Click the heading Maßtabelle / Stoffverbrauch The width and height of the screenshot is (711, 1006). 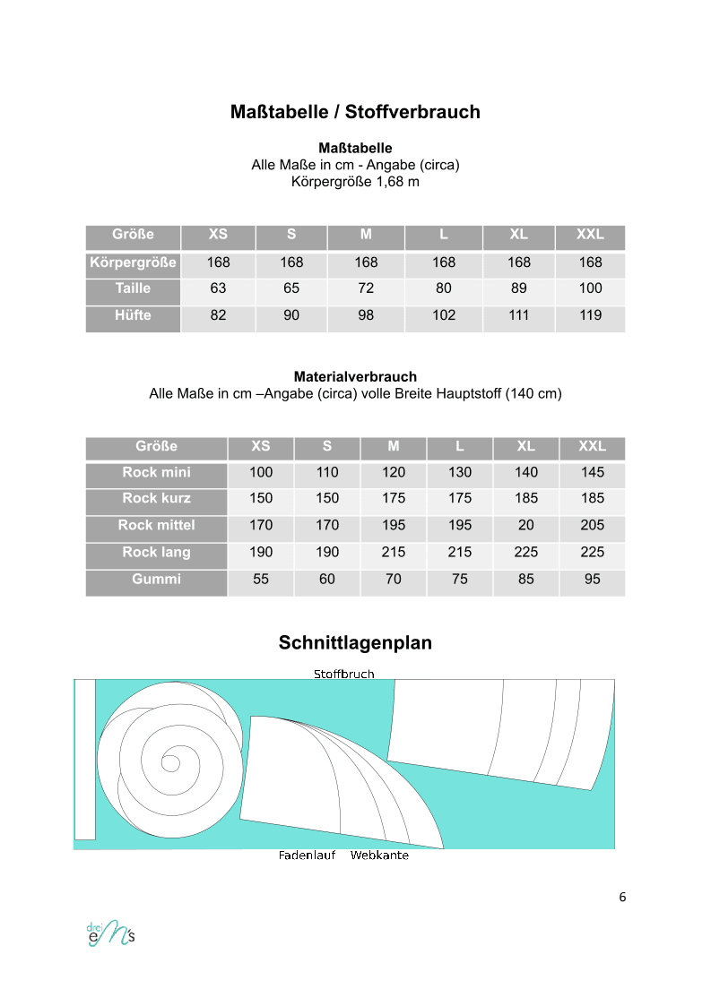(355, 112)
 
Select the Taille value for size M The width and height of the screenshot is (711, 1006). (366, 288)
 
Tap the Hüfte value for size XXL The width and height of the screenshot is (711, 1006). (590, 315)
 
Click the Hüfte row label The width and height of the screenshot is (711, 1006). (133, 315)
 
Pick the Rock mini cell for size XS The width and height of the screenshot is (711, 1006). (261, 472)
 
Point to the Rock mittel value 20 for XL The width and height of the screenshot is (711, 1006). (525, 525)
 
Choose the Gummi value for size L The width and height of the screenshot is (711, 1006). (460, 579)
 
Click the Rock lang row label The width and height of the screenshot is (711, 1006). (156, 552)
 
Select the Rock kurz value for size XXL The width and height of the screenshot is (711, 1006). (592, 498)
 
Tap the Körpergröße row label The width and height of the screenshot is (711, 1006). (133, 262)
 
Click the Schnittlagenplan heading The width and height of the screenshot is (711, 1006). (355, 643)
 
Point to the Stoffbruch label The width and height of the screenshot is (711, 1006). (343, 674)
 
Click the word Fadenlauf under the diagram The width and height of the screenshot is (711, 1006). (307, 856)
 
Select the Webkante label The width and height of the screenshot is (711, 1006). (379, 856)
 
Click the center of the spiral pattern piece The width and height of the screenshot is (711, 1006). (169, 763)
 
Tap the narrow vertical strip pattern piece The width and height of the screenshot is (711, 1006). (84, 759)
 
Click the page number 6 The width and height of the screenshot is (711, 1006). (622, 897)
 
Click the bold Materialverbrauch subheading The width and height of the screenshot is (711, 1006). (355, 377)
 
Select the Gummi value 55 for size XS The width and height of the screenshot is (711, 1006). (261, 579)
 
